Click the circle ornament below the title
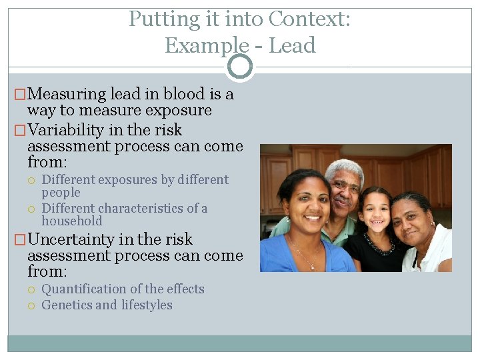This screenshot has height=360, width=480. click(240, 67)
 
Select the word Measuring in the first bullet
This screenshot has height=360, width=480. click(69, 95)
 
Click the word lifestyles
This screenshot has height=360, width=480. click(146, 305)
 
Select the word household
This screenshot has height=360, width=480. click(72, 221)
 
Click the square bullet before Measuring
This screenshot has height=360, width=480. click(20, 95)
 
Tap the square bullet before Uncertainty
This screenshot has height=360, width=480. click(20, 240)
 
